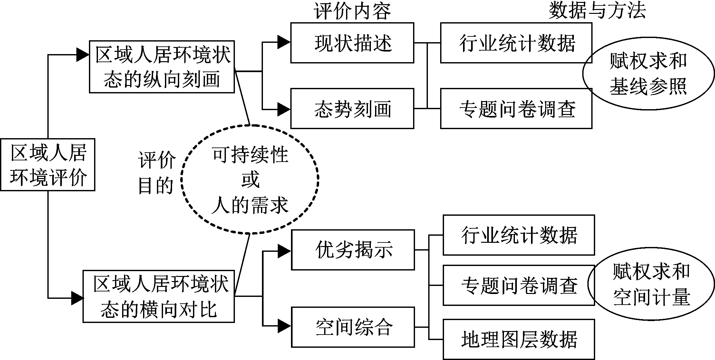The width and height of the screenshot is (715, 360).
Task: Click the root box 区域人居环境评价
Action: [x=48, y=165]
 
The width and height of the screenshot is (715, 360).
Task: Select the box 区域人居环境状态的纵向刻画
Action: [x=162, y=67]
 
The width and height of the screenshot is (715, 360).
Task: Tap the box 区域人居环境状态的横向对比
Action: [x=159, y=296]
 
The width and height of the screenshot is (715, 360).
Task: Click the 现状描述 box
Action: [x=352, y=43]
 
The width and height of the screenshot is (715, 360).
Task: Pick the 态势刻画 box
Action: [x=352, y=109]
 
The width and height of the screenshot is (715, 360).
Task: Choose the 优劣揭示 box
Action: [x=353, y=250]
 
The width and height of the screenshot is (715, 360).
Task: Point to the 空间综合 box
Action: [x=353, y=327]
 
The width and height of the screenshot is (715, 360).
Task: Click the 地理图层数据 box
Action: [x=518, y=339]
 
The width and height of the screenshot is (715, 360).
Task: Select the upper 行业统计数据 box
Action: [x=516, y=43]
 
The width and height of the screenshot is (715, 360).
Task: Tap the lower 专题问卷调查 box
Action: [x=518, y=285]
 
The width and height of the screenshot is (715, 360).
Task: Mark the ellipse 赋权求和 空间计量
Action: [x=651, y=284]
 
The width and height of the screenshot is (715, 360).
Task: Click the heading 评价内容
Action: [x=352, y=11]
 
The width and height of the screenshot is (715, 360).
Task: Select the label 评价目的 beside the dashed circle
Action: [x=157, y=173]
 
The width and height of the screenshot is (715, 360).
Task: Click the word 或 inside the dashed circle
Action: [x=250, y=180]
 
